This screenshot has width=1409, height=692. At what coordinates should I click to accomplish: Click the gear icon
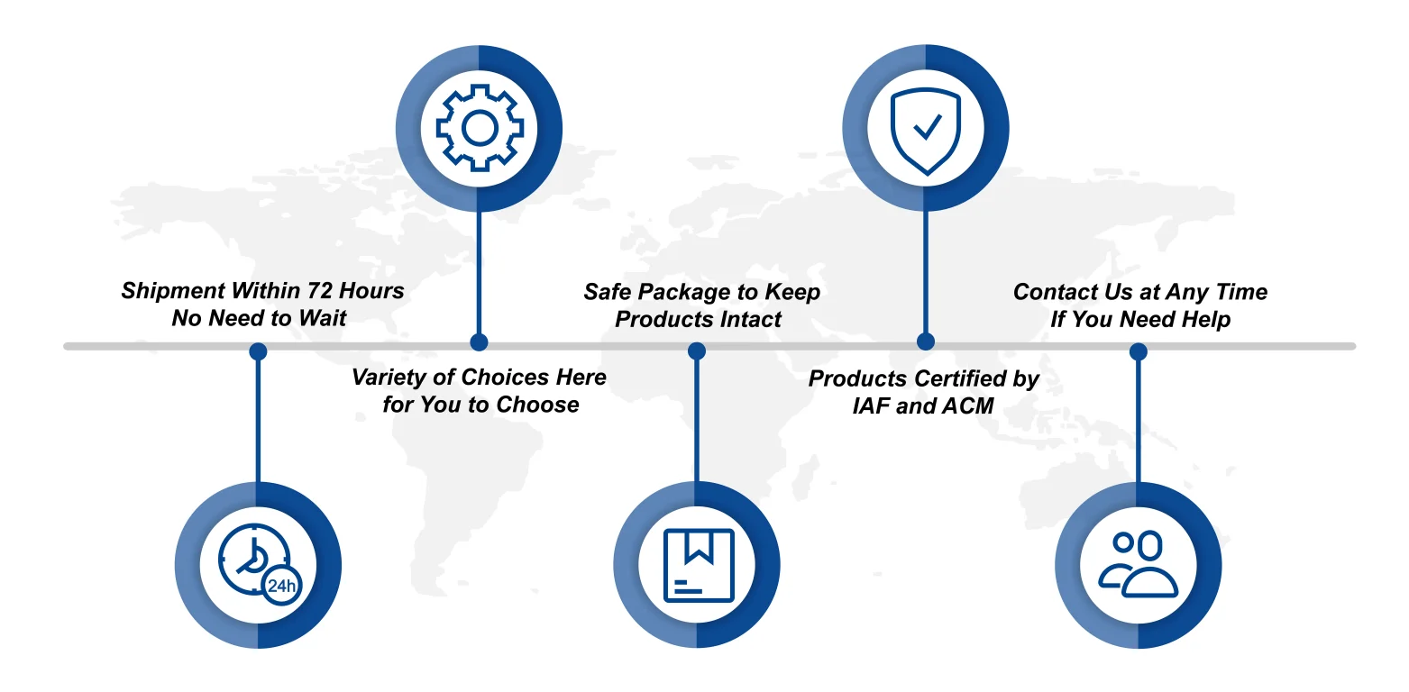480,128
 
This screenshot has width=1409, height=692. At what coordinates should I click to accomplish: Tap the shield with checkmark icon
925,131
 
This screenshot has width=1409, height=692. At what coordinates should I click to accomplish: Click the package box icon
699,565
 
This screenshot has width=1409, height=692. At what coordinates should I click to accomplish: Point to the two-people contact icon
1138,564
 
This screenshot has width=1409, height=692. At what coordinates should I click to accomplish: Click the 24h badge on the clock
281,586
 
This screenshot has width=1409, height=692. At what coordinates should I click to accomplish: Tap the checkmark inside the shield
928,126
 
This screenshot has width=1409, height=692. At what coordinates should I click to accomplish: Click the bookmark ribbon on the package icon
699,546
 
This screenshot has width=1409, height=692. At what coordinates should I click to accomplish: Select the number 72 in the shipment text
319,290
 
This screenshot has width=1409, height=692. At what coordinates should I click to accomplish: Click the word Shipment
173,291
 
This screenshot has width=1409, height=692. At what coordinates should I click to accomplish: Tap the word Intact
750,319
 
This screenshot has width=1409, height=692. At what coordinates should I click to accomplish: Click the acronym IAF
871,406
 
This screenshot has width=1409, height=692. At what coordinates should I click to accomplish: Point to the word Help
1206,319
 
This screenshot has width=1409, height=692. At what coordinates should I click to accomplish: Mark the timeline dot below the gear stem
479,342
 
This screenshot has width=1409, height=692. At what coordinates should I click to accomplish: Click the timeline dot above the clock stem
258,351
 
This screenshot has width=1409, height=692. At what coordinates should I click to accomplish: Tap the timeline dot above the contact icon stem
1138,351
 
